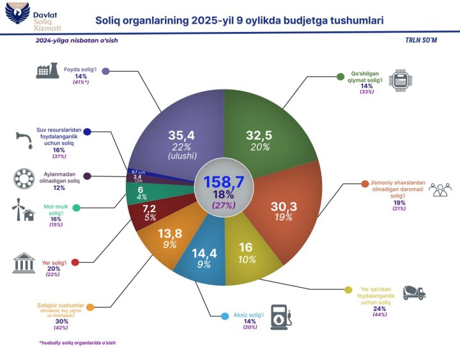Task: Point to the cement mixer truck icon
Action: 413,292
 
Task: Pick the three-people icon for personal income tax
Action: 440,189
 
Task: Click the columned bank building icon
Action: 25,263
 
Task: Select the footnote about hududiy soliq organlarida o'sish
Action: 77,343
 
